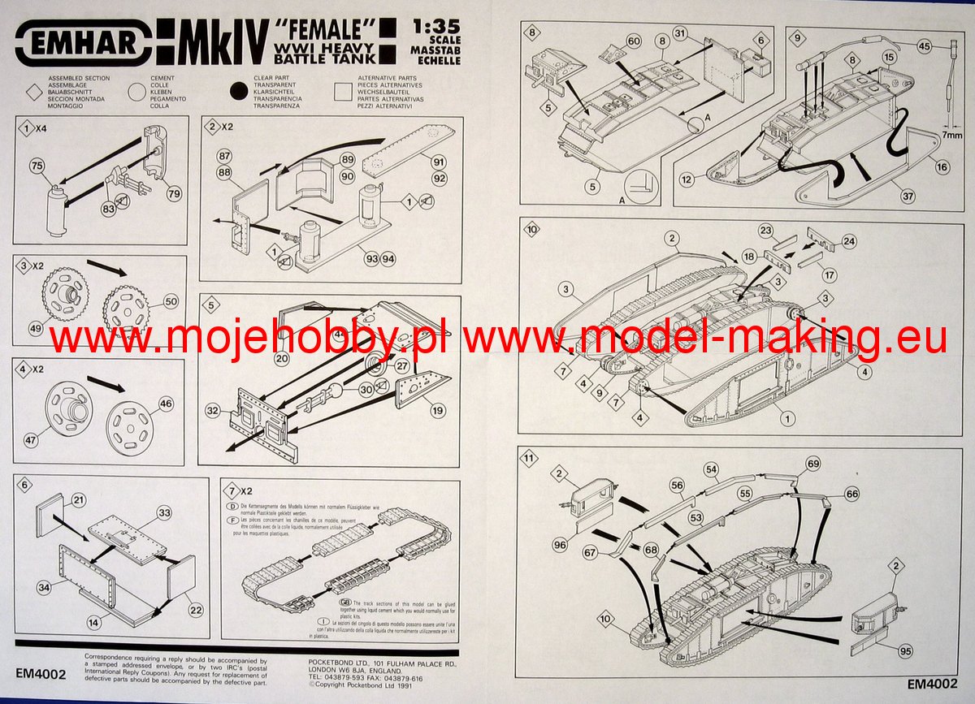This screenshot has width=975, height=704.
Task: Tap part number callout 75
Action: point(35,166)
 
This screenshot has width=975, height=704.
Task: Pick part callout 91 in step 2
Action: point(440,161)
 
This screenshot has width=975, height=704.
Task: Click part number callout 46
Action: point(166,403)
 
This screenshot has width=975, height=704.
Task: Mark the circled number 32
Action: point(213,412)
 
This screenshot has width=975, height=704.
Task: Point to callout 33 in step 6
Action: point(165,513)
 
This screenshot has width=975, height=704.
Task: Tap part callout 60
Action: point(633,41)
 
